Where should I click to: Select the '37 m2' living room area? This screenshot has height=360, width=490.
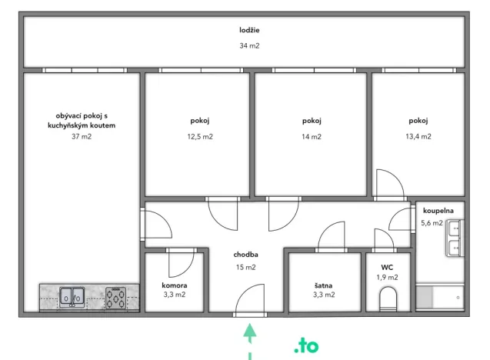[x=82, y=137]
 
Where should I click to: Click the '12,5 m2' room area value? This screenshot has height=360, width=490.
[x=200, y=136]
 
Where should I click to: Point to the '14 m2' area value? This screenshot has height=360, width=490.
[x=311, y=136]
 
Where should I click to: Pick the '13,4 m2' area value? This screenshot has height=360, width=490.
[x=418, y=136]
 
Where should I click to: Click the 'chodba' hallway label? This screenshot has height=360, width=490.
[x=245, y=255]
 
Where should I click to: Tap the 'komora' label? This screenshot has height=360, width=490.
[x=174, y=285]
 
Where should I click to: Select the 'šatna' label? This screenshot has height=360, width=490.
[x=323, y=285]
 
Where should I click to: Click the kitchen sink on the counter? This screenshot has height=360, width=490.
[x=73, y=297]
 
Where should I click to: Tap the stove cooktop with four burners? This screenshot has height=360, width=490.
[x=116, y=297]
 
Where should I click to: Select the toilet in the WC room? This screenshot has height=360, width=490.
[x=388, y=298]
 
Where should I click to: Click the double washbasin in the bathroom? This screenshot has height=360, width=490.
[x=455, y=238]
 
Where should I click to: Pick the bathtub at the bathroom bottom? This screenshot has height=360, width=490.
[x=440, y=297]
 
